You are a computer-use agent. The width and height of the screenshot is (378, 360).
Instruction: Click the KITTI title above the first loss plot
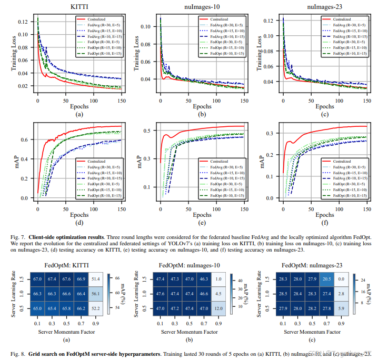coord(79,7)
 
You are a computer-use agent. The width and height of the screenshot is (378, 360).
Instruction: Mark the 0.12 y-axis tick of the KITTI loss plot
coord(24,22)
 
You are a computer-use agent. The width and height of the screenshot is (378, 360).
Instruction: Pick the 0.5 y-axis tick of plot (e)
coord(149,130)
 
